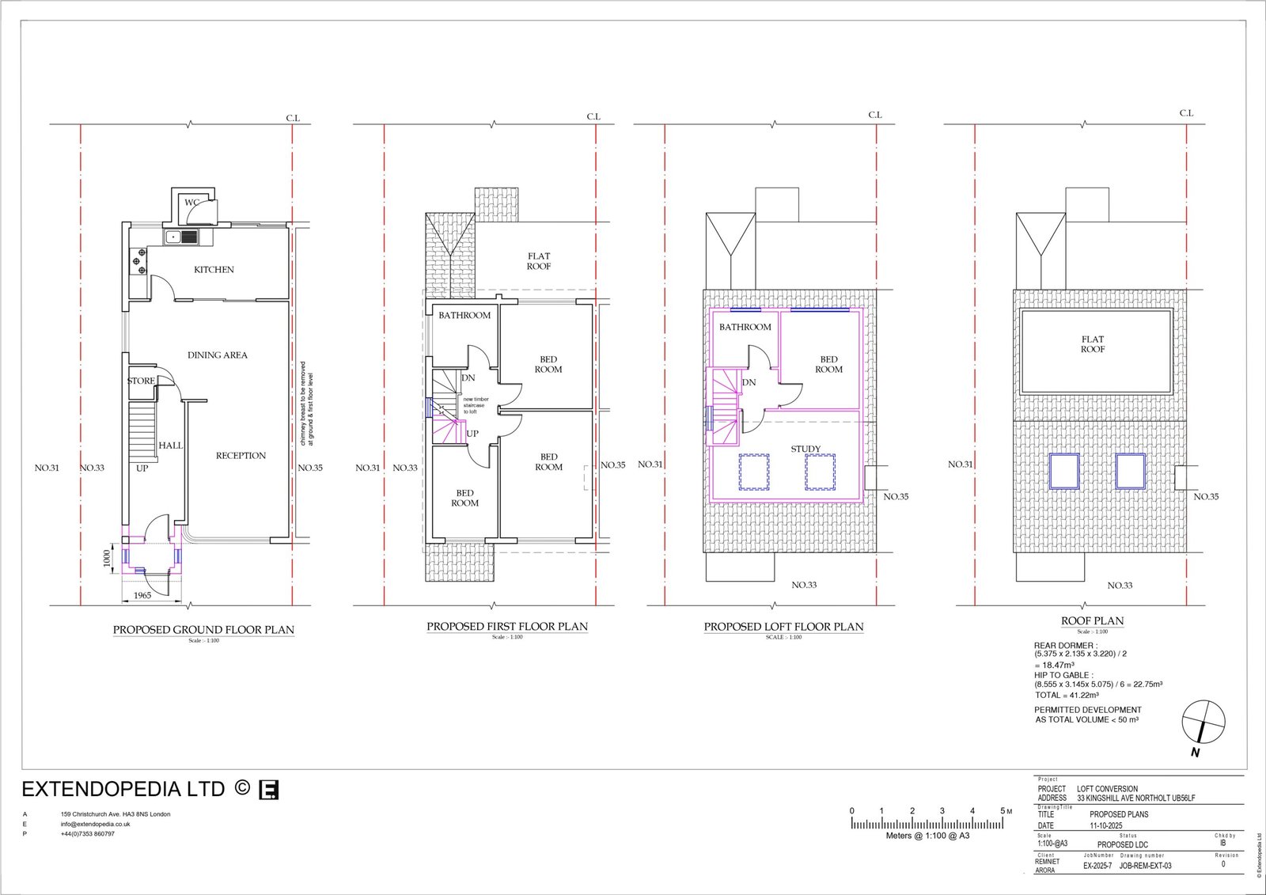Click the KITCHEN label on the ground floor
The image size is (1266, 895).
[214, 270]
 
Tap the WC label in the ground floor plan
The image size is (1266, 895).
[191, 203]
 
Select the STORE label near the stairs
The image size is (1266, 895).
[141, 381]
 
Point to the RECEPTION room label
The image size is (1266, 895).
[241, 456]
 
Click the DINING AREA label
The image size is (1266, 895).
[217, 355]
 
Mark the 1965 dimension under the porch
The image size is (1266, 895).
[142, 596]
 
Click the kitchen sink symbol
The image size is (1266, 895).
[181, 237]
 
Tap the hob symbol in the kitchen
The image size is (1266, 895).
[138, 261]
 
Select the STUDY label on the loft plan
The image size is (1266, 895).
[805, 449]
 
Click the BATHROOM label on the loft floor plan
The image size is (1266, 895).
[745, 327]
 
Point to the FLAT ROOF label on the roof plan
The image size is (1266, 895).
[1093, 344]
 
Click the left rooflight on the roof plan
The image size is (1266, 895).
[1064, 471]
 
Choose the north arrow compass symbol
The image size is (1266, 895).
[1203, 723]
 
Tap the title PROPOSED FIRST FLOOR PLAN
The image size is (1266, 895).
[507, 627]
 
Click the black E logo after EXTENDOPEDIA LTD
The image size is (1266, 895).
[269, 790]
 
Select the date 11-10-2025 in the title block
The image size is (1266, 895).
[1106, 825]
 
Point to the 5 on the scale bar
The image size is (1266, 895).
[1002, 811]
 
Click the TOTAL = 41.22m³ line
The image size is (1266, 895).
[1067, 695]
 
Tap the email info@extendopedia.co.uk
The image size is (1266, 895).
[96, 824]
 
